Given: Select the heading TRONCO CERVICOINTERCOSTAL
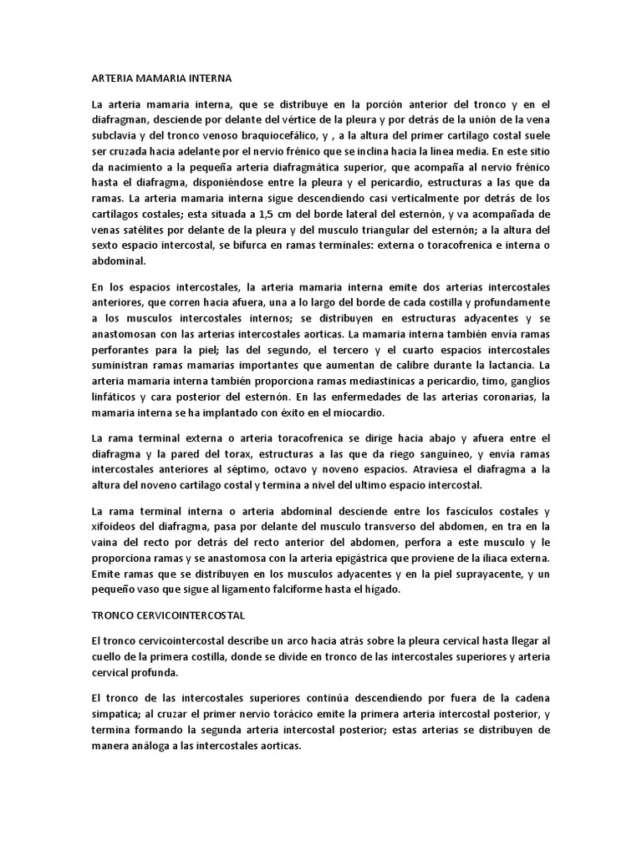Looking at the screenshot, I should coord(167,614).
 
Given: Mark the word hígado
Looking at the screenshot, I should coord(384,588).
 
